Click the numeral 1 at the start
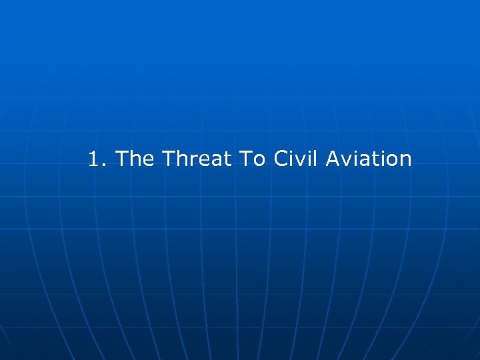pos(93,159)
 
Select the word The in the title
pos(135,159)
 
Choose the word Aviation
pos(368,159)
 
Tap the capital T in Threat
pos(168,159)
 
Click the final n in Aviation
pos(405,161)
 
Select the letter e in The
pos(148,161)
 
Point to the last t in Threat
pos(224,160)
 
